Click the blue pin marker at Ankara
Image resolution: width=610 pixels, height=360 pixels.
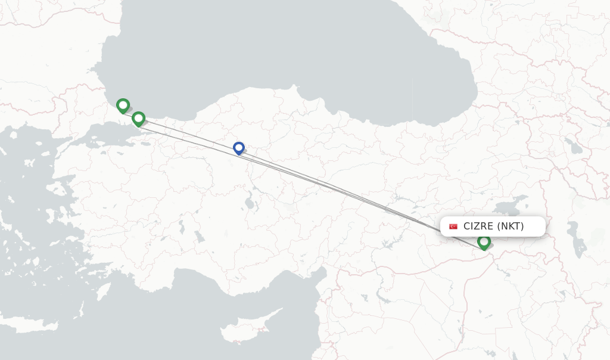click(238, 148)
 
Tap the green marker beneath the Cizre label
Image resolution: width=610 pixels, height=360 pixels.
click(484, 242)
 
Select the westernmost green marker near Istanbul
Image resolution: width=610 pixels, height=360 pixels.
click(123, 105)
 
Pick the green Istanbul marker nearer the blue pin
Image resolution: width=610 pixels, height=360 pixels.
click(138, 119)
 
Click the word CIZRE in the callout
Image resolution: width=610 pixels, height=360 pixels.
click(478, 226)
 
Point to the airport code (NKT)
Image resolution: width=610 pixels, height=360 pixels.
click(511, 226)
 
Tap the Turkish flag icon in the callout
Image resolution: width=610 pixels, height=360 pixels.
click(453, 226)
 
